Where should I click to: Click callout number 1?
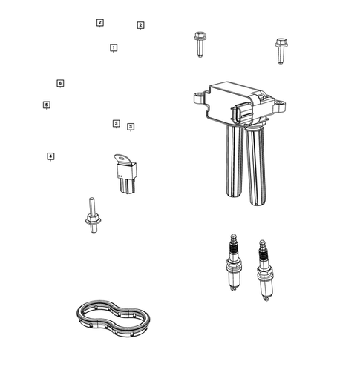point(113,47)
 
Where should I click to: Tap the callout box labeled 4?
point(50,156)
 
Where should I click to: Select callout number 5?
point(46,105)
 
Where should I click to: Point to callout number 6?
point(60,83)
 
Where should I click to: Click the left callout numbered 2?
point(99,23)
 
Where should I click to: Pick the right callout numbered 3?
point(131,127)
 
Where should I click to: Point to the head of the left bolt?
point(198,36)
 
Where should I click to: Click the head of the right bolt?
point(281,43)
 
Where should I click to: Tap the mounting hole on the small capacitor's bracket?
point(120,158)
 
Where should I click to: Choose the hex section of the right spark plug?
point(263,273)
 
